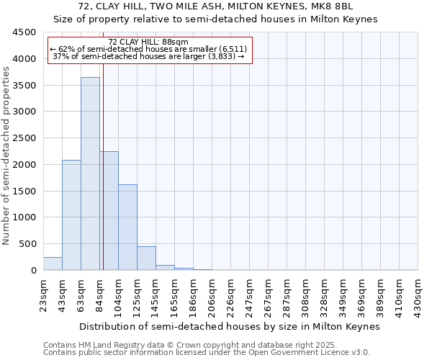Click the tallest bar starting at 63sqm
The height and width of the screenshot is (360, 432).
(90, 174)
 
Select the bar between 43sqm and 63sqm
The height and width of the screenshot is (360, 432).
(71, 215)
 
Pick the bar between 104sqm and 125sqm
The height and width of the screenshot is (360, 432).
(127, 228)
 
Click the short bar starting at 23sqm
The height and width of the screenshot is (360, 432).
(53, 264)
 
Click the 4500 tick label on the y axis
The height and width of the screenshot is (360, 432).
(24, 32)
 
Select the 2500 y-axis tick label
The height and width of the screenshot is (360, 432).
(24, 138)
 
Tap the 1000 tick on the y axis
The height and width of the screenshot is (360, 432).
(24, 217)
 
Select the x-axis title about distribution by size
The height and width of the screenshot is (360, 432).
(229, 326)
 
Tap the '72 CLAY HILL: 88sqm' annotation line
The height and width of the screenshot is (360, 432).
(148, 42)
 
